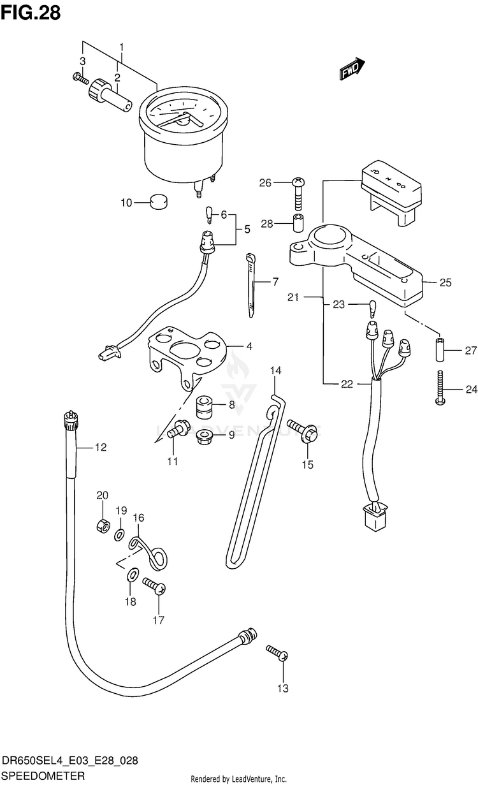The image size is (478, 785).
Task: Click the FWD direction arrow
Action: point(352,68)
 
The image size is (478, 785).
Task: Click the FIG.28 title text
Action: point(31,13)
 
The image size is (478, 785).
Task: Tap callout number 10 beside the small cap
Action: point(126,203)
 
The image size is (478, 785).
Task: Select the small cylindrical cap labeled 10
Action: point(159,202)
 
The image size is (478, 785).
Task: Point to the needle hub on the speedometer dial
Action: point(182,121)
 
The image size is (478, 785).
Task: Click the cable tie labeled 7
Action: point(251,285)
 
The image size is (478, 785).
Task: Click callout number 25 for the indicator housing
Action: point(445,282)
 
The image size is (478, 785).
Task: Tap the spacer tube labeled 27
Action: point(440,349)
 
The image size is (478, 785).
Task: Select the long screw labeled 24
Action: point(440,387)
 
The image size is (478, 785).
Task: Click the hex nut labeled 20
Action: point(103,526)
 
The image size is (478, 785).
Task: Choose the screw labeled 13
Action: point(277,653)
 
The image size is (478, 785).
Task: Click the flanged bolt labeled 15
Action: point(302,430)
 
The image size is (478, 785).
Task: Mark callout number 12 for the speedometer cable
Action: point(101,447)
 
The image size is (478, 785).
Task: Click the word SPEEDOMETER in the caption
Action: point(43,775)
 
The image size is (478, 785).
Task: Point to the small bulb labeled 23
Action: point(372,309)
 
